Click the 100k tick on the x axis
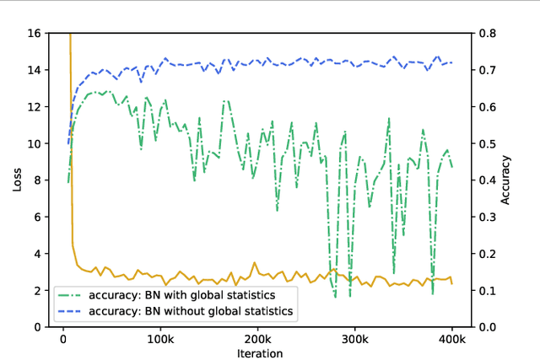pyautogui.click(x=159, y=337)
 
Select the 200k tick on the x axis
pyautogui.click(x=257, y=337)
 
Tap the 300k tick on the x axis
pyautogui.click(x=354, y=337)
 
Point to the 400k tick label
pyautogui.click(x=452, y=337)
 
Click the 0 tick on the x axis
pyautogui.click(x=62, y=337)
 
